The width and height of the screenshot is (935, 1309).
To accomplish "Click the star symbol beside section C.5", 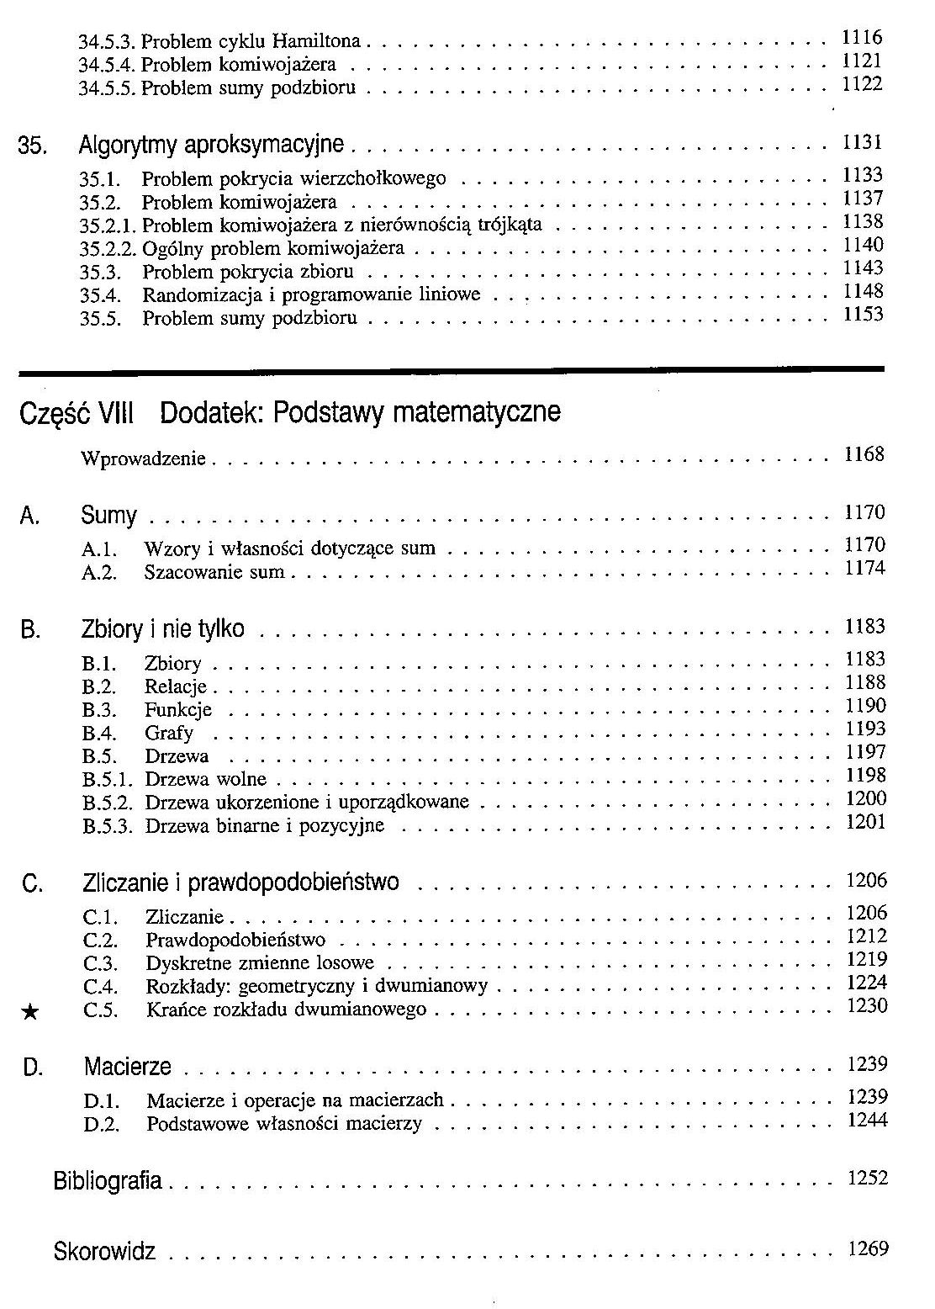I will tap(29, 1013).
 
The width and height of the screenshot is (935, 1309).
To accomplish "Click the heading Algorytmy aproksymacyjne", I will tap(211, 146).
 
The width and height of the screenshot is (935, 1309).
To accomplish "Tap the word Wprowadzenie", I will tap(144, 459).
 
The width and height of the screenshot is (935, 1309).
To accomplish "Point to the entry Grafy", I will tap(169, 734).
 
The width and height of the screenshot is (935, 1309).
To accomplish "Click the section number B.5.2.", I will tap(108, 803).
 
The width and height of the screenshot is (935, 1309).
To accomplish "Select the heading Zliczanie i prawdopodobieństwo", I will tap(241, 883).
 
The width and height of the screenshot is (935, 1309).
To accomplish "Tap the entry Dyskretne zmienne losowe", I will tap(260, 963).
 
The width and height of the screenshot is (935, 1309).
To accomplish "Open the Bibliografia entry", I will tap(108, 1181).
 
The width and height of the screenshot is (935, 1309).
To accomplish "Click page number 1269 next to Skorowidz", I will tap(868, 1249).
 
